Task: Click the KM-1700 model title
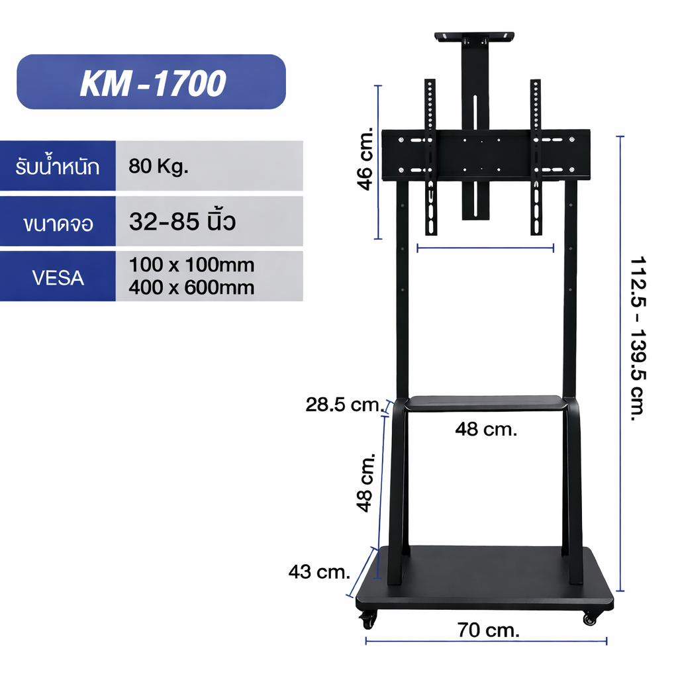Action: click(153, 83)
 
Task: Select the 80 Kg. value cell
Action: click(209, 166)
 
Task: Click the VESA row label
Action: click(58, 277)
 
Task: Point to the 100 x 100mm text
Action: click(191, 265)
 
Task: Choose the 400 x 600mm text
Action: click(191, 287)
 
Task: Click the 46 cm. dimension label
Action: click(365, 159)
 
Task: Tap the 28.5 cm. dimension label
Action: click(344, 405)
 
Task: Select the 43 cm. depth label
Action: click(319, 572)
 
